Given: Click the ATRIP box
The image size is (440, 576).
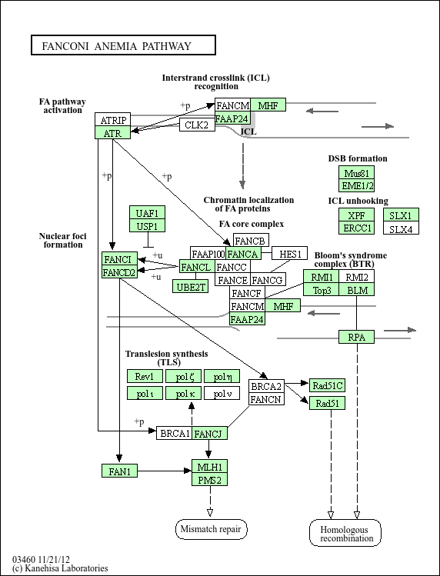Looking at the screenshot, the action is [112, 120].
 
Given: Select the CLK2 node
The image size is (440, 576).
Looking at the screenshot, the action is [197, 125].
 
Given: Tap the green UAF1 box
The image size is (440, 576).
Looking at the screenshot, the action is [147, 213].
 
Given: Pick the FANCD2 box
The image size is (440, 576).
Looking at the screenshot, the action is [119, 271].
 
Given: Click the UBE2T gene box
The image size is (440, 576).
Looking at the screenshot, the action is [191, 287].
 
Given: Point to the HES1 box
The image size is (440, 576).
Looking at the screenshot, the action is [290, 253].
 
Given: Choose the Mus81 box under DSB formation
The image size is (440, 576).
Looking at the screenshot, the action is [356, 172].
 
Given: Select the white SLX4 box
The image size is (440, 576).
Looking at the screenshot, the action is [401, 228].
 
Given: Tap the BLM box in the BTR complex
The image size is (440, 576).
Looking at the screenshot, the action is [357, 289].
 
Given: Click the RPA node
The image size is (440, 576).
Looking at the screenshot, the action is [356, 337].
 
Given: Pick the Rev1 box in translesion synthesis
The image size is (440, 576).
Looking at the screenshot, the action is [145, 376].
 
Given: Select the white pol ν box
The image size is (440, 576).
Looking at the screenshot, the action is [222, 393].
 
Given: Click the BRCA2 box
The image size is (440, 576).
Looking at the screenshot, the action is [266, 386].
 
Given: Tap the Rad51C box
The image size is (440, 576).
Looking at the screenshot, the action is [327, 385].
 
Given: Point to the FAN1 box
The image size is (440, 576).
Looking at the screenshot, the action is [119, 471].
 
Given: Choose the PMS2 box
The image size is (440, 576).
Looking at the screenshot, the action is [209, 479].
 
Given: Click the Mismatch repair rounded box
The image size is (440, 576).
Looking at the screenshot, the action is [211, 529].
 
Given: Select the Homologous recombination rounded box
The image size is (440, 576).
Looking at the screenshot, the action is [345, 533].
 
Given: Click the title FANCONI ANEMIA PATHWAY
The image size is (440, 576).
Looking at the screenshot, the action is [116, 46].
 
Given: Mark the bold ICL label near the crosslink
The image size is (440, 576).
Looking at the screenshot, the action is [249, 132].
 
